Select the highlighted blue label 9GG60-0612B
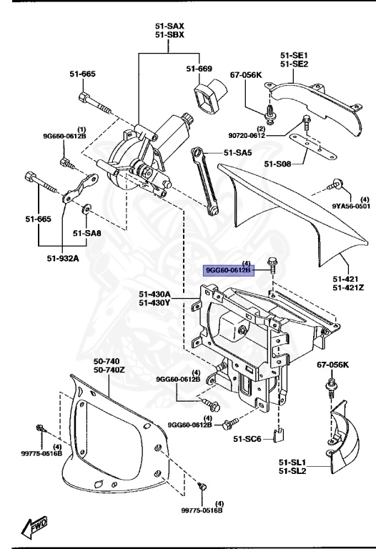pos(228,271)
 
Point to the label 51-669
pos(199,69)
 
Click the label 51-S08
pos(278,164)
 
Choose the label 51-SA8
pos(88,232)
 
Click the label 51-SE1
pos(294,54)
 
